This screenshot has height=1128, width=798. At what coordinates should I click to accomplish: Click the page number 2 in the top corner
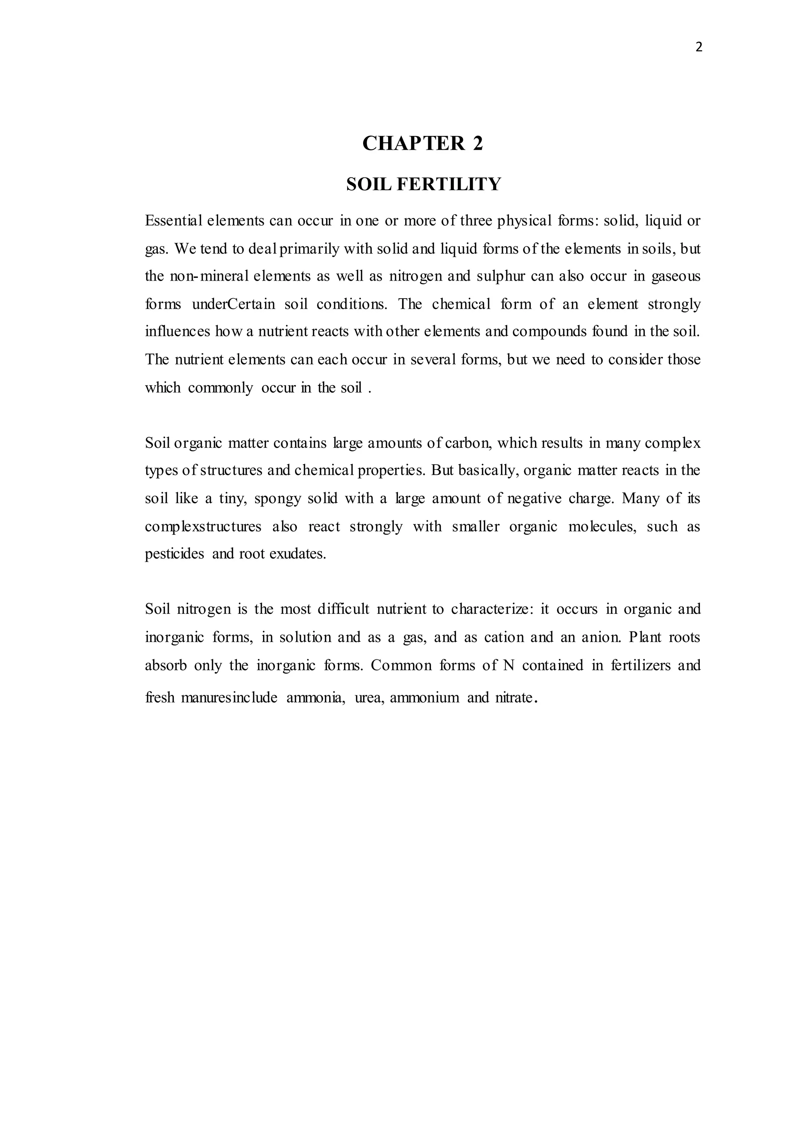[699, 48]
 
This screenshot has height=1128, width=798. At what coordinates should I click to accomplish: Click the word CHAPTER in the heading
[414, 143]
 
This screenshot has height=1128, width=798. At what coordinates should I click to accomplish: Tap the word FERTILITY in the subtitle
[448, 184]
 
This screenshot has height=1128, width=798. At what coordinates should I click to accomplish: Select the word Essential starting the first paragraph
[173, 221]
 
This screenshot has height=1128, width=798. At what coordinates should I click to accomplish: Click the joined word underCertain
[233, 304]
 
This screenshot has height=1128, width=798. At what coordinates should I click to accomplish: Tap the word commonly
[220, 388]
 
